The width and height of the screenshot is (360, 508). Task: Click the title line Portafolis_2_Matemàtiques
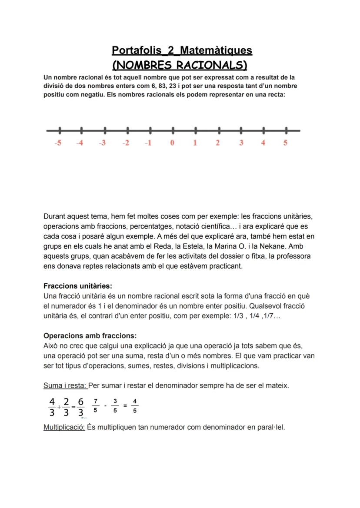click(x=182, y=50)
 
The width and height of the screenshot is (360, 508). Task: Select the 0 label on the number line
click(x=172, y=143)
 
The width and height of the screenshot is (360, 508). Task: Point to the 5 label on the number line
click(x=285, y=143)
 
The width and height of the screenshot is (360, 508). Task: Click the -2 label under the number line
click(x=126, y=143)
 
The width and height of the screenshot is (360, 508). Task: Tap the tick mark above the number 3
click(x=241, y=130)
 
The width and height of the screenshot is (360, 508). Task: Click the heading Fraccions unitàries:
click(x=78, y=286)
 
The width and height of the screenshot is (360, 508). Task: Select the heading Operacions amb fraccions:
click(x=90, y=336)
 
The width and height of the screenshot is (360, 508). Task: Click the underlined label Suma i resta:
click(x=65, y=385)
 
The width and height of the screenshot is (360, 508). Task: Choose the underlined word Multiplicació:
click(x=64, y=427)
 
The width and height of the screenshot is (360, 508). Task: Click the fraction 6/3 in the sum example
click(x=81, y=406)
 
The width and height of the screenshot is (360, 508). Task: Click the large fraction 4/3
click(x=52, y=406)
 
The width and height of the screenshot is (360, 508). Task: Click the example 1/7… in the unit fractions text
click(x=273, y=316)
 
